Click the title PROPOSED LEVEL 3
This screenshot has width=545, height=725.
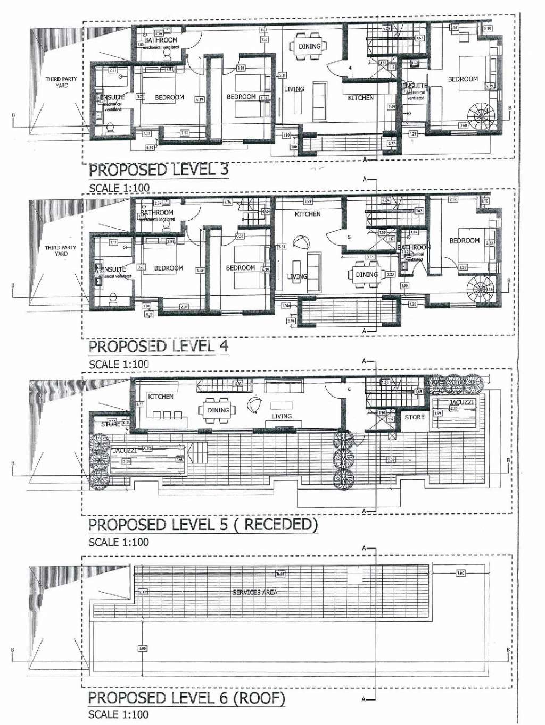pos(158,170)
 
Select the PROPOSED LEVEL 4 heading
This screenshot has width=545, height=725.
pos(158,347)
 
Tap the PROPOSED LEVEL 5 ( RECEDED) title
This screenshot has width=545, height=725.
pos(203,525)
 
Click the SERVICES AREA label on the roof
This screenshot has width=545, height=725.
pos(254,592)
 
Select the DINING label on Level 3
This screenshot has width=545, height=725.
pos(309,46)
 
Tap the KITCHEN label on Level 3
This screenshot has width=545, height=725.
pos(360,98)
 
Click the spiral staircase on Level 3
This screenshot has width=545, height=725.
pos(481,114)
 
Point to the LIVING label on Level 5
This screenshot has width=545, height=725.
pos(282,416)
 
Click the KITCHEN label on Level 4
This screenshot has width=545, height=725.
pos(308,214)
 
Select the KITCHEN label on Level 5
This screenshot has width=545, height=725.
pos(161,397)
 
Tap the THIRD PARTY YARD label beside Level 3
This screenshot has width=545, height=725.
pos(61,82)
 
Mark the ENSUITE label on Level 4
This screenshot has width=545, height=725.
pos(113,269)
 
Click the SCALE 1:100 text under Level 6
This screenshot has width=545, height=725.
pos(118,714)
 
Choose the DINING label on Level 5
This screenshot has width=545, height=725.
pos(218,410)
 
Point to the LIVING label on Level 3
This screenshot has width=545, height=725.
pos(294,89)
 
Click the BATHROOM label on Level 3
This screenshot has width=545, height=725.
pos(161,40)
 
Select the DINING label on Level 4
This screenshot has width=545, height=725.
pos(367,275)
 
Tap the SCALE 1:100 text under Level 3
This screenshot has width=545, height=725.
pos(119,188)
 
